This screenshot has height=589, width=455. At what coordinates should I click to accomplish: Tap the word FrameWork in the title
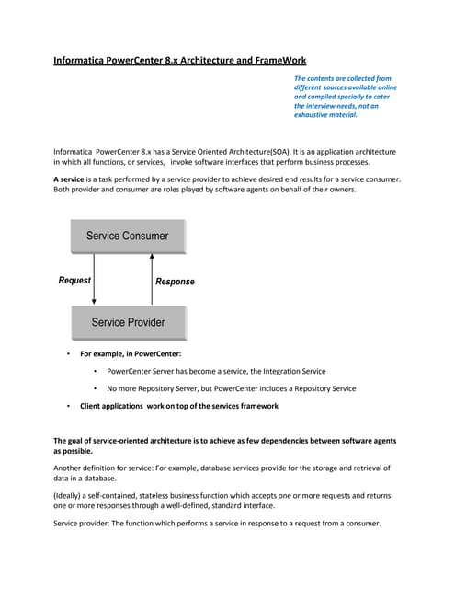[x=273, y=62]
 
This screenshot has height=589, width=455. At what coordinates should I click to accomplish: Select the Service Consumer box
[x=128, y=236]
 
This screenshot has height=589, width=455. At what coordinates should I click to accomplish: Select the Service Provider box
[x=128, y=322]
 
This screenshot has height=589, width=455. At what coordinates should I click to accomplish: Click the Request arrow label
[x=74, y=280]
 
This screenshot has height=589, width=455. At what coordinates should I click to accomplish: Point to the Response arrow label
[x=175, y=281]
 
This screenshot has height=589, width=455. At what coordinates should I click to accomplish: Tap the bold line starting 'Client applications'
[x=178, y=406]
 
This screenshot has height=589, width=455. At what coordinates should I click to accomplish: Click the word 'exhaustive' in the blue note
[x=313, y=115]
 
